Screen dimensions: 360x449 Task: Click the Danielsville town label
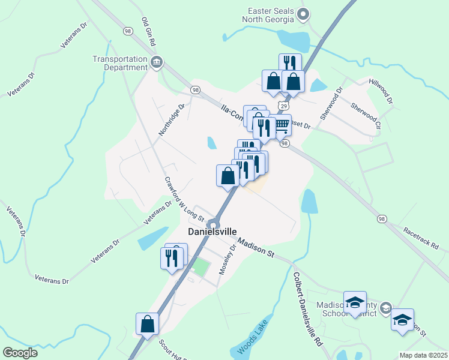tap(212, 232)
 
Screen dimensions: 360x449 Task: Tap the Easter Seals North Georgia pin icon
tap(304, 14)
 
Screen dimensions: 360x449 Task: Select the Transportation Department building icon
tap(157, 62)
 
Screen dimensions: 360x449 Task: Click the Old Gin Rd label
tap(149, 32)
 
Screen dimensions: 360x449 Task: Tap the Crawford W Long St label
tap(177, 193)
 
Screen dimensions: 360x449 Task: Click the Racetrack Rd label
tap(421, 238)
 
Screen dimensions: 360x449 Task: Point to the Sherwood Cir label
tap(366, 116)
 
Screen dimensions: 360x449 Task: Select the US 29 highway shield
tap(281, 104)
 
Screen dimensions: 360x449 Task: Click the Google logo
tap(20, 353)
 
